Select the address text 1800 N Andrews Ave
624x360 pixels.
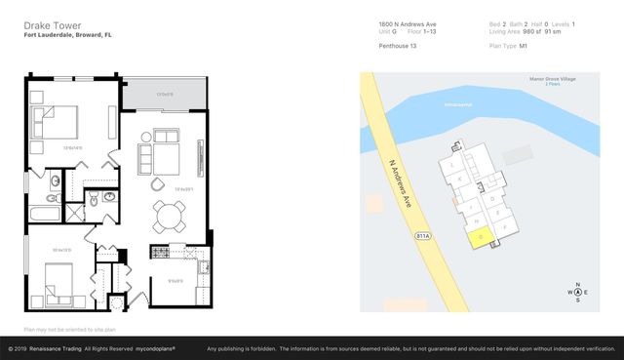409,23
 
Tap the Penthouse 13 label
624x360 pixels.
398,45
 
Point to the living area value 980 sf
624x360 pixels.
532,31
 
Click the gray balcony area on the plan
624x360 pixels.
165,94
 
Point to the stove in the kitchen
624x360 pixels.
160,252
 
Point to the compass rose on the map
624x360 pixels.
578,293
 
